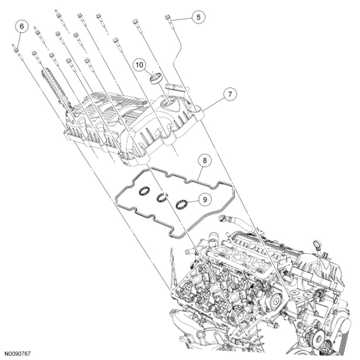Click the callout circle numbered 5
(198, 17)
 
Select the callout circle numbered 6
(22, 26)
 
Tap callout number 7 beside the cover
(229, 94)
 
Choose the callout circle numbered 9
(204, 199)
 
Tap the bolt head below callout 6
(15, 48)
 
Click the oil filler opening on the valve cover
(170, 102)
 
